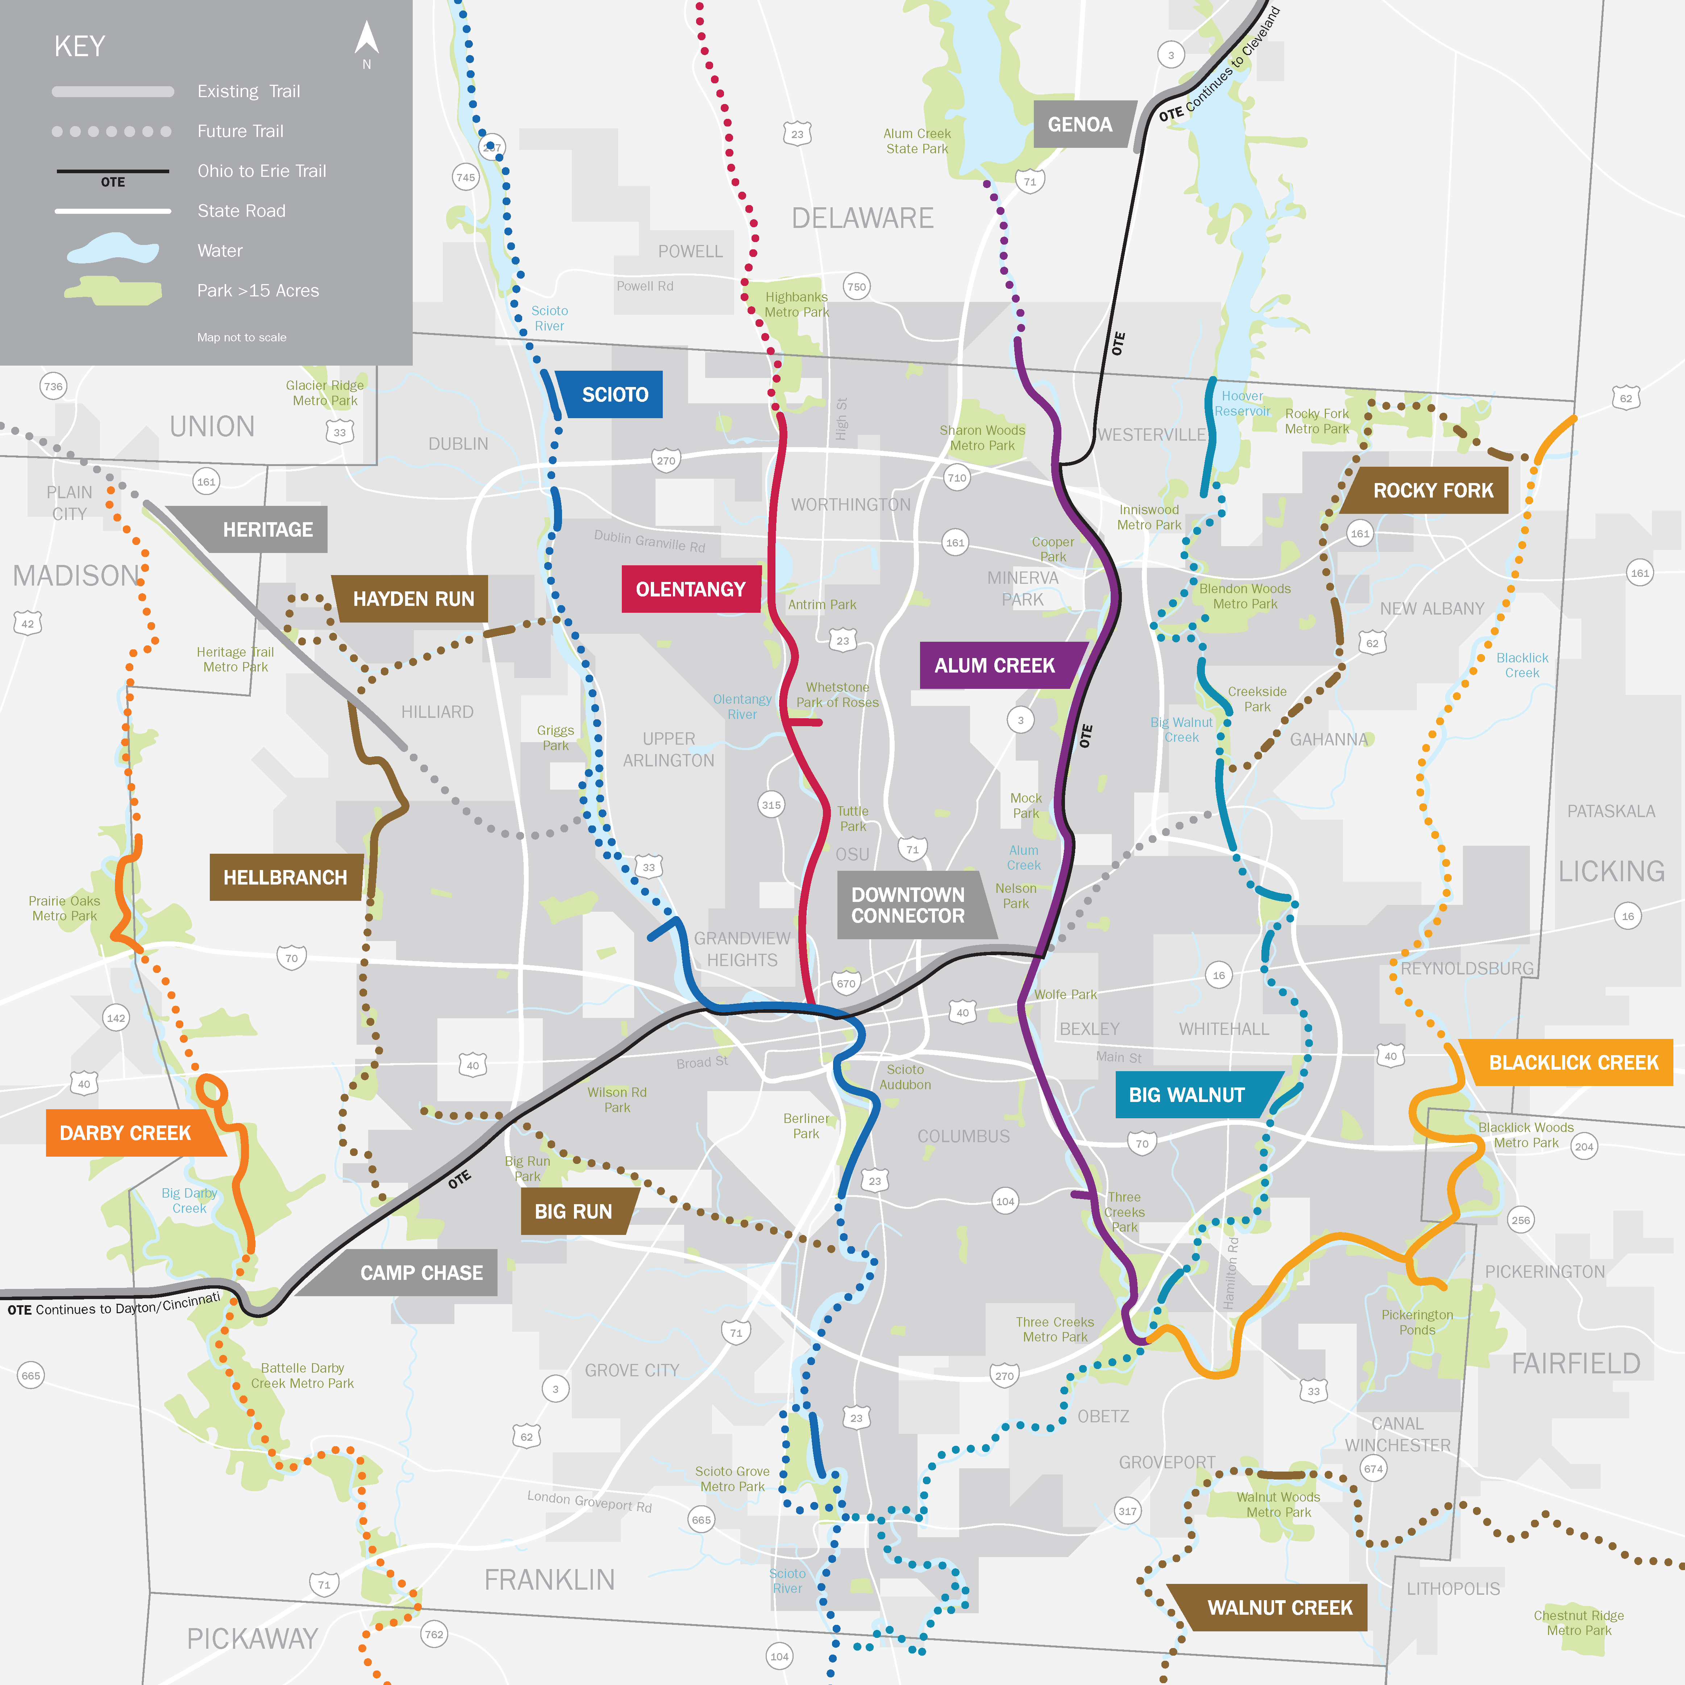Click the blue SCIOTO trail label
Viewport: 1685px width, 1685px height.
click(x=614, y=394)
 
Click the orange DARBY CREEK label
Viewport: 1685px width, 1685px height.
click(x=125, y=1133)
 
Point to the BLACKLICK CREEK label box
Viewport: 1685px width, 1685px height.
click(x=1573, y=1062)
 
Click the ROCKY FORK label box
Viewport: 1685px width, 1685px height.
click(x=1433, y=490)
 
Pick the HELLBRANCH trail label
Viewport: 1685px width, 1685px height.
click(x=285, y=877)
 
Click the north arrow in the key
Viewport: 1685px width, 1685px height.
click(x=366, y=39)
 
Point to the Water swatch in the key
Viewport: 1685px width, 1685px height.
click(x=113, y=250)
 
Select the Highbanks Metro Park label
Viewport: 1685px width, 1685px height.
click(x=796, y=304)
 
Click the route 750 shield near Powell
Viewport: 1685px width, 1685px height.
click(x=857, y=287)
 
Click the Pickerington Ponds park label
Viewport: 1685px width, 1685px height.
click(x=1416, y=1322)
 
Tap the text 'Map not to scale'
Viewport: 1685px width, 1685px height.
click(x=242, y=337)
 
